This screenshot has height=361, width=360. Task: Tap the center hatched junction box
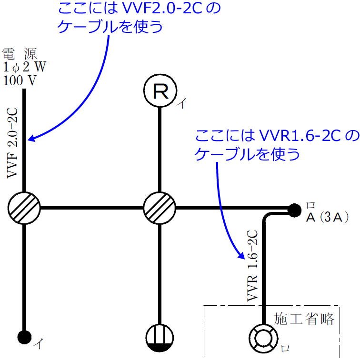160,208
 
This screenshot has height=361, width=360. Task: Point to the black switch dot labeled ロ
295,209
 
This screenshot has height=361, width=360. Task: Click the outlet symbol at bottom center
160,337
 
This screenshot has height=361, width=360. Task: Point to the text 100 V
20,80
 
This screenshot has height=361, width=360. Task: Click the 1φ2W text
24,66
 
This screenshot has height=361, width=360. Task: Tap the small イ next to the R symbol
181,103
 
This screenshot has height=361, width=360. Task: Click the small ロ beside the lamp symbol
285,349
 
